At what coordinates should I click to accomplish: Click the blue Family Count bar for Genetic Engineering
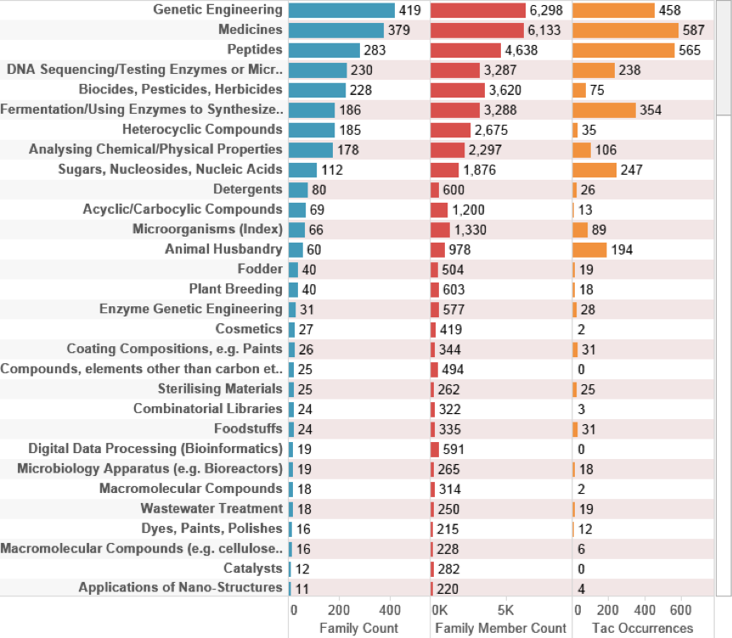(x=341, y=10)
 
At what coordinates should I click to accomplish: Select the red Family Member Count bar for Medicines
(x=477, y=30)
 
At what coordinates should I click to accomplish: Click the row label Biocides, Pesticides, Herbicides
(x=180, y=89)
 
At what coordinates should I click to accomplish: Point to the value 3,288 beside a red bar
(x=498, y=109)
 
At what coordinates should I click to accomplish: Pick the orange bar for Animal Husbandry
(x=589, y=249)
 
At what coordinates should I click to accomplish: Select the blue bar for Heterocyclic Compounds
(x=311, y=130)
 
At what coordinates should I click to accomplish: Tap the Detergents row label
(x=248, y=189)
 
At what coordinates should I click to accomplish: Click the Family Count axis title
(x=358, y=628)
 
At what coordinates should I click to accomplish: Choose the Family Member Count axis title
(x=500, y=628)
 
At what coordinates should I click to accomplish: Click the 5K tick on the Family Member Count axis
(x=504, y=610)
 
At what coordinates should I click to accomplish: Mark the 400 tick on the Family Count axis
(x=390, y=610)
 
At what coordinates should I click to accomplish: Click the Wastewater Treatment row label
(x=211, y=508)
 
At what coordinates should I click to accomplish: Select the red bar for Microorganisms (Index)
(x=440, y=229)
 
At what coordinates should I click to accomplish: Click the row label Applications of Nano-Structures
(x=180, y=587)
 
